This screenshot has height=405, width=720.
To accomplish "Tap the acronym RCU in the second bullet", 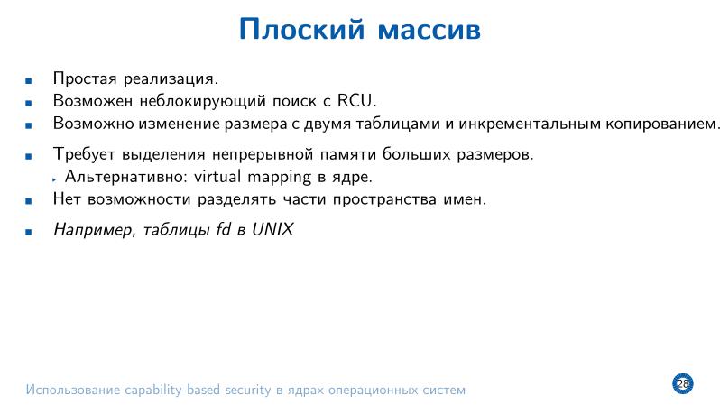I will (x=355, y=100).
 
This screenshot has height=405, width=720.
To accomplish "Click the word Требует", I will (x=84, y=154).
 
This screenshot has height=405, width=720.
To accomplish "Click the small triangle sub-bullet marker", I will (x=55, y=178).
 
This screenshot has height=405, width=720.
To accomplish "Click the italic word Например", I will (x=88, y=231).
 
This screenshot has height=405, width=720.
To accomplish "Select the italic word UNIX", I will (x=273, y=230).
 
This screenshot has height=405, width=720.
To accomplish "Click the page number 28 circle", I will (x=682, y=384).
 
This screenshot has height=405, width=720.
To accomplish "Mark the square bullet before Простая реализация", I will (x=29, y=79).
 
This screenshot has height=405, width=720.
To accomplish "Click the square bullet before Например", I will (x=29, y=232).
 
